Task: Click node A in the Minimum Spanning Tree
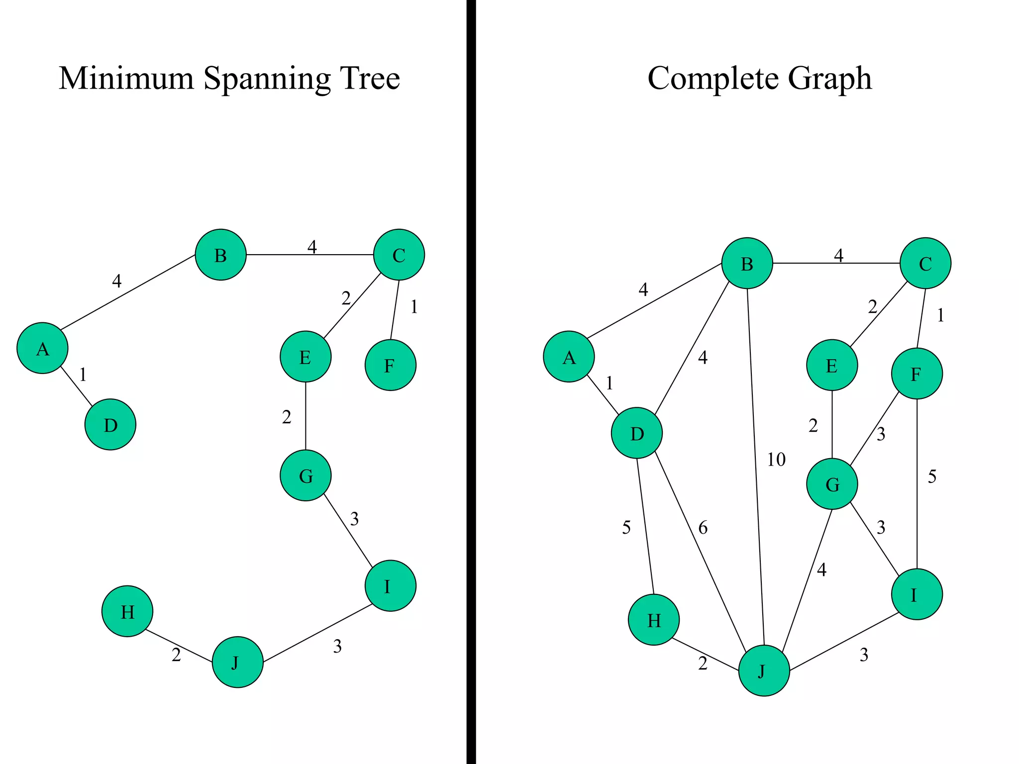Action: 42,348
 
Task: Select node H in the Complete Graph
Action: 654,620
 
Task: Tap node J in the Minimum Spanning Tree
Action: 237,662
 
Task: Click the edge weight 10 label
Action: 776,459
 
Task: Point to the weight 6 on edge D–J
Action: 703,527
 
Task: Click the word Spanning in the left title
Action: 267,79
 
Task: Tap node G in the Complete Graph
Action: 832,484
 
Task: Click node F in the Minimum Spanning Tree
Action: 390,365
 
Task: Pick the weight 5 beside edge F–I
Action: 932,477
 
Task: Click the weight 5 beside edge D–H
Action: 626,527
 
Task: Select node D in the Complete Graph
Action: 637,433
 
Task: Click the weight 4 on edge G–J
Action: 821,570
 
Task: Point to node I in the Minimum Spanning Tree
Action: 390,586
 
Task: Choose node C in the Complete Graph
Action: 925,263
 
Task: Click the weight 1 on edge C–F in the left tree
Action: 414,307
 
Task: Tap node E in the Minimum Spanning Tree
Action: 306,357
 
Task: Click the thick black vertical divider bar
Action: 471,382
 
